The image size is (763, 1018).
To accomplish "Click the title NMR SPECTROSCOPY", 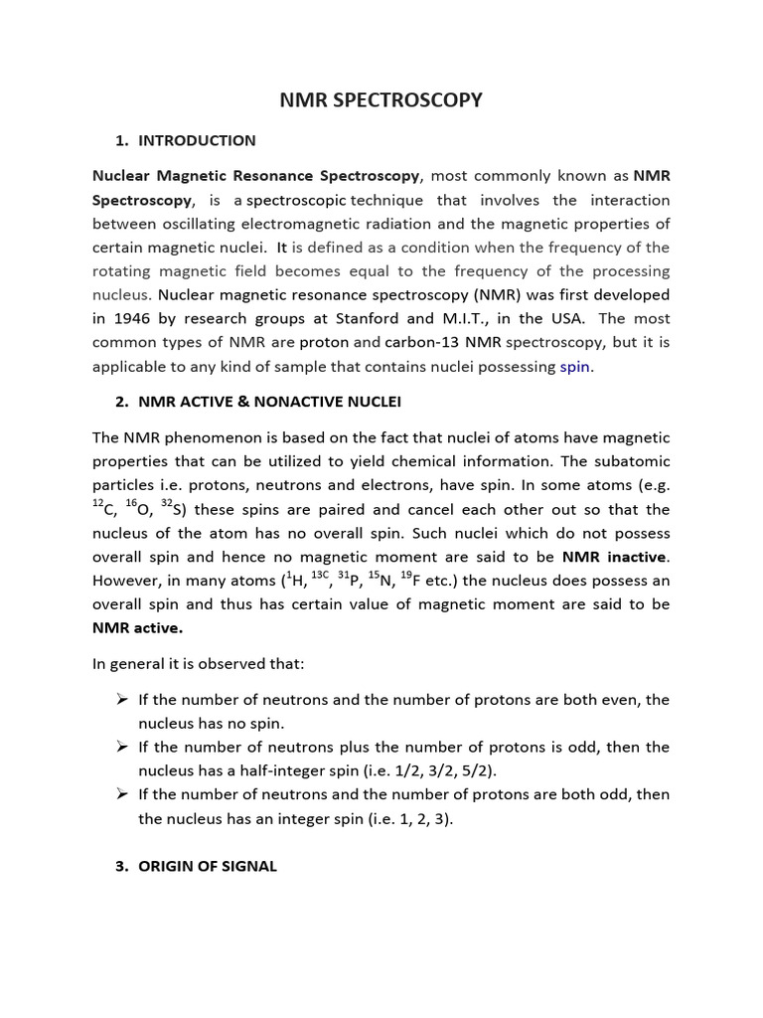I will (x=381, y=99).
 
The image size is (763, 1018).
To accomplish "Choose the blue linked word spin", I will (x=574, y=366).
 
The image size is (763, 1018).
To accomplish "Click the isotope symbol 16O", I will (x=138, y=509).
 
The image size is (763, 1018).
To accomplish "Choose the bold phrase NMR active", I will (x=137, y=628).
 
